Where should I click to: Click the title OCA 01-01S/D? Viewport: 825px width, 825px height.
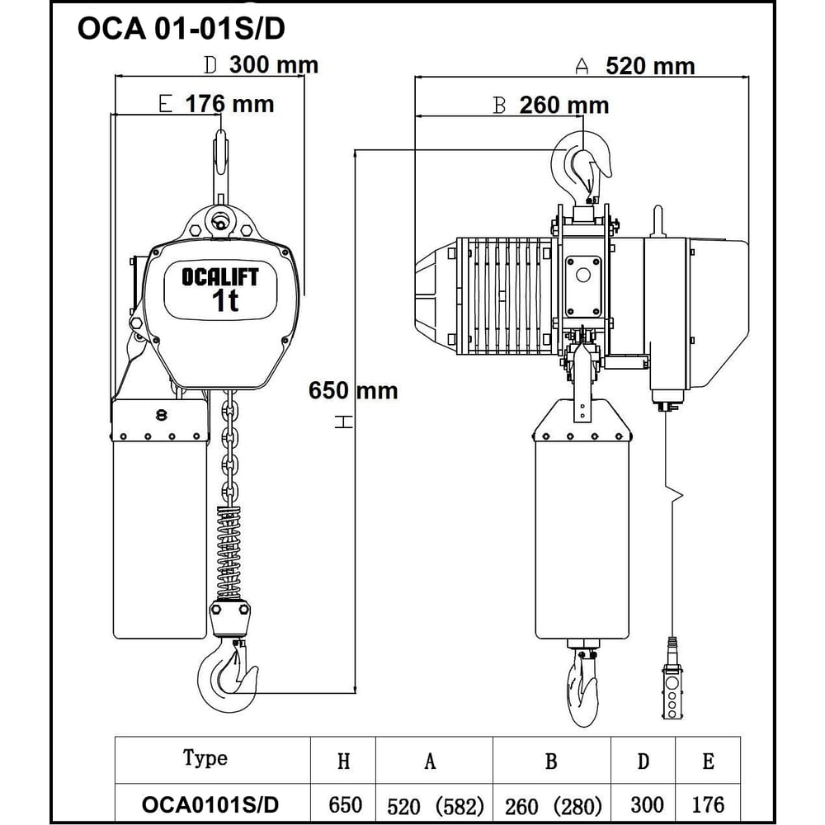(181, 30)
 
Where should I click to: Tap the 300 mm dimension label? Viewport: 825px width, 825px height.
(273, 64)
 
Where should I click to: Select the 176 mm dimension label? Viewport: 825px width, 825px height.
(229, 104)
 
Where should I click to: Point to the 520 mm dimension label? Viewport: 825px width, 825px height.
(650, 66)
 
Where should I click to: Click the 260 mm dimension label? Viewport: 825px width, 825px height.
(564, 105)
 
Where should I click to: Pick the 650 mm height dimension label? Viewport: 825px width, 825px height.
(353, 389)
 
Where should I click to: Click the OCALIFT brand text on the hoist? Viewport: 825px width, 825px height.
(219, 277)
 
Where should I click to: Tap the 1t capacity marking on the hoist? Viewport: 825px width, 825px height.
(224, 302)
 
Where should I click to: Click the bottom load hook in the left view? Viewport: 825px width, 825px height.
(224, 676)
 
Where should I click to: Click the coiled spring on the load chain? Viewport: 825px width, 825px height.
(229, 549)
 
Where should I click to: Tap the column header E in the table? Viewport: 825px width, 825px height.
(708, 761)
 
